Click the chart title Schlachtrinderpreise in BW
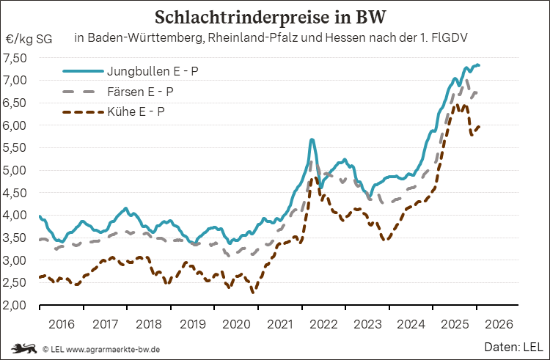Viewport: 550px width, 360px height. coord(275,16)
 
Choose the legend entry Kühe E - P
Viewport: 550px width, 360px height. coord(135,112)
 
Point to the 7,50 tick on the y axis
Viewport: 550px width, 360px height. coord(15,57)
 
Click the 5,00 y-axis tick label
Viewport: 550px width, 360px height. coord(15,170)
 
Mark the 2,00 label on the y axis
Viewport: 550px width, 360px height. coord(15,305)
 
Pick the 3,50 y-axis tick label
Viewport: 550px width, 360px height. coord(15,238)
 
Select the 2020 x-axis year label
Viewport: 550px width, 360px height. coord(235,323)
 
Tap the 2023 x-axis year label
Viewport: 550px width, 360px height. coord(367,323)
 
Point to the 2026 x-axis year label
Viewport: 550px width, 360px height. coord(498,323)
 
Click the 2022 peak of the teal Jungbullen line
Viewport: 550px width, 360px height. coord(312,139)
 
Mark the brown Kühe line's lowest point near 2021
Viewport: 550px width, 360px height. coord(254,293)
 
